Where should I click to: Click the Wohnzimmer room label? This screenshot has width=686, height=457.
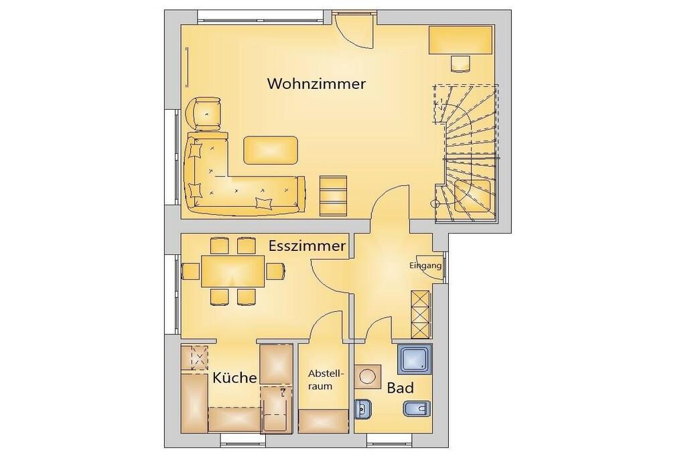coord(316,84)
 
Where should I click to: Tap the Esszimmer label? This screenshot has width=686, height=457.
coord(307,246)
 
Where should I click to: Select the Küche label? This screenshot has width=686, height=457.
coord(234,377)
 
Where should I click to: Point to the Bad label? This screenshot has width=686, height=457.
coord(401,387)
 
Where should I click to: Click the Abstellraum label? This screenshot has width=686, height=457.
coord(326,380)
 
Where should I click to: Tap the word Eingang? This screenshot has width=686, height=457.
coord(425,265)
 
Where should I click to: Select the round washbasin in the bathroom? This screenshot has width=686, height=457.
coord(367,375)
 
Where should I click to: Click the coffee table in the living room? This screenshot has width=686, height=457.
coord(271,150)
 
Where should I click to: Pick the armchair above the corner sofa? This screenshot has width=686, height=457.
coord(204,114)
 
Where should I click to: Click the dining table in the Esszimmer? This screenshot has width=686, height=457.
coord(233,271)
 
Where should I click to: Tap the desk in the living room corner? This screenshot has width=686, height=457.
coord(461,40)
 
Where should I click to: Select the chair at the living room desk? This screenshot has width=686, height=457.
coord(461,64)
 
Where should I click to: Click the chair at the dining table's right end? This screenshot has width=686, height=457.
coord(275,271)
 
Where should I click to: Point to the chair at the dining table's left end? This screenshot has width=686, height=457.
coord(191,271)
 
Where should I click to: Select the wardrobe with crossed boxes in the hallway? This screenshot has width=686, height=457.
coord(421,314)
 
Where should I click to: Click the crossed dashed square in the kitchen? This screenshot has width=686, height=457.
coord(200,358)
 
